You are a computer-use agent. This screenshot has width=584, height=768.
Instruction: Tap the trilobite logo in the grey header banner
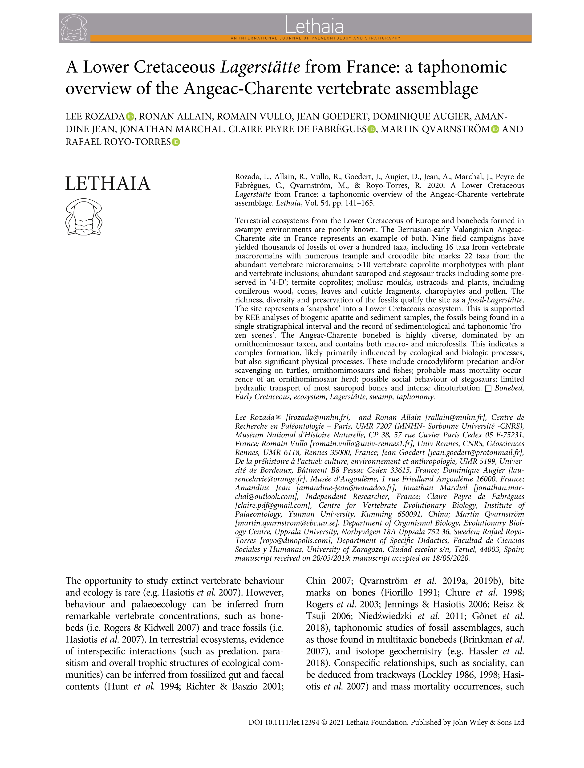point(74,28)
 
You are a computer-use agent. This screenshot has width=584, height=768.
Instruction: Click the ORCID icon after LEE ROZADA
point(130,116)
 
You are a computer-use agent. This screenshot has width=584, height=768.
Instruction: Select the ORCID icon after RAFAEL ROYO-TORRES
point(176,142)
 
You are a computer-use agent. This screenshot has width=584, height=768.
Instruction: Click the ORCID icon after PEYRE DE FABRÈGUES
point(372,129)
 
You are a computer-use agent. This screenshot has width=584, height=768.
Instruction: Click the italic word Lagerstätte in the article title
point(260,67)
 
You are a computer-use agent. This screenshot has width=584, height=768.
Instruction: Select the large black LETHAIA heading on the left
point(108,184)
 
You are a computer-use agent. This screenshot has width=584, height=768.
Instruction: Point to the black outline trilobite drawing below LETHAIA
point(83,216)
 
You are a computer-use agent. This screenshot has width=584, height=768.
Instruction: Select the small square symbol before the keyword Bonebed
point(488,389)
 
